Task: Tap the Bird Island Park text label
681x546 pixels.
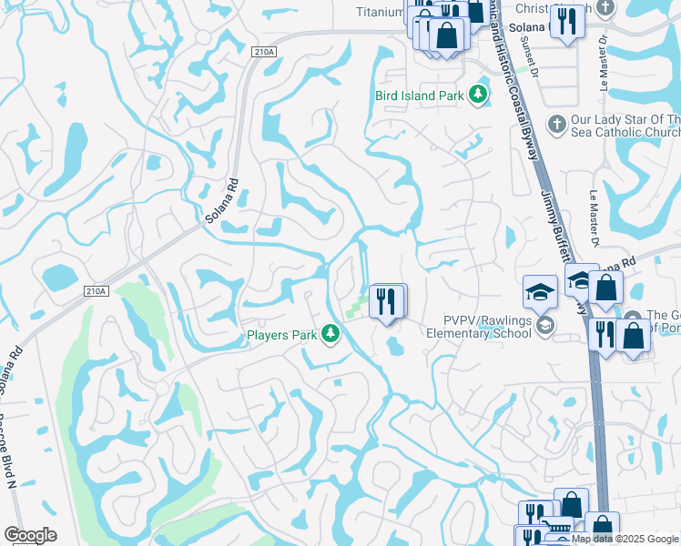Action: [420, 95]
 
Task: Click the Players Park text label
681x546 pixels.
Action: [281, 335]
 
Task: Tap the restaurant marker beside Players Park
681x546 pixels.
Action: [387, 301]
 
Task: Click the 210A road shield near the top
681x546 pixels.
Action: [264, 54]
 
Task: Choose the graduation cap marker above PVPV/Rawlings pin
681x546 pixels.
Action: [540, 293]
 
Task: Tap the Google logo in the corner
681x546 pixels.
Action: [30, 535]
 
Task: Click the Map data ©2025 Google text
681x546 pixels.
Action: [625, 539]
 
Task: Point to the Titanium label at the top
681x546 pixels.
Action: [379, 12]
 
